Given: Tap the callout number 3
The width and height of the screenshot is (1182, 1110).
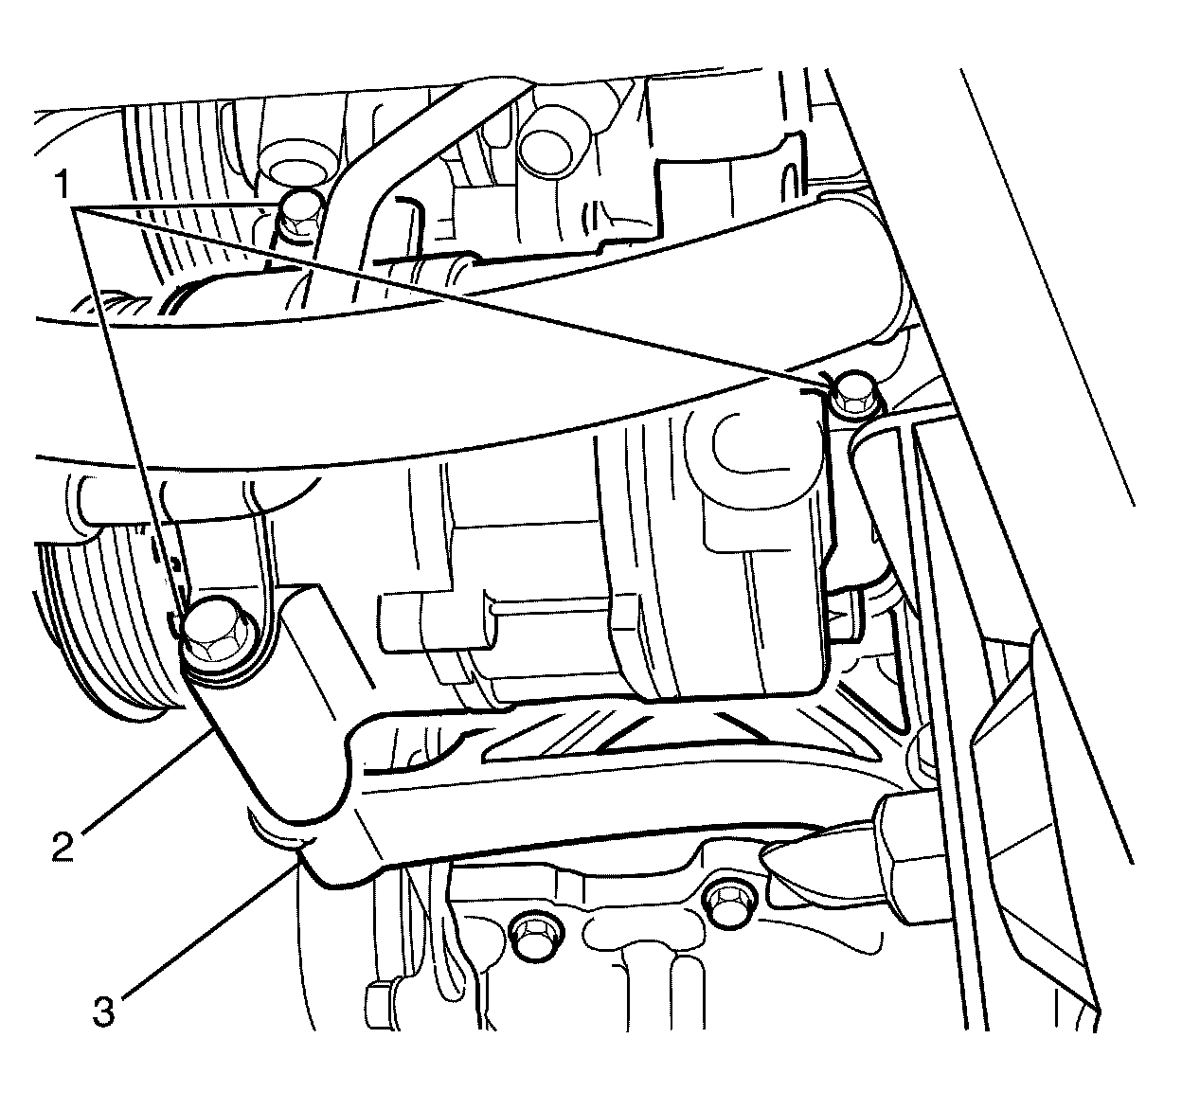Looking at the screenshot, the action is point(103,1012).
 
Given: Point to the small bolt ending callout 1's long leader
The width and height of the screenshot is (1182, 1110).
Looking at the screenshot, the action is point(853,391).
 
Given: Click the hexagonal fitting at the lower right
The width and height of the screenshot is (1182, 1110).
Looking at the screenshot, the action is point(909,852).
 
